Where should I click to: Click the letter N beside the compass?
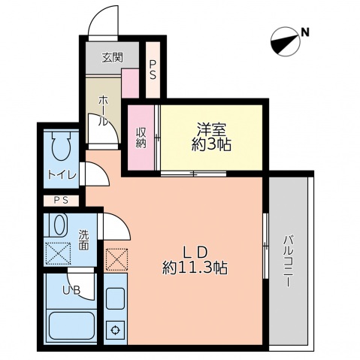pos(305,32)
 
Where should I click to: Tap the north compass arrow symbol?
pos(283,41)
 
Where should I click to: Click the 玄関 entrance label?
pos(112,56)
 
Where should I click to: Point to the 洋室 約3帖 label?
pos(211,138)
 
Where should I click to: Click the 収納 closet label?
pos(141,139)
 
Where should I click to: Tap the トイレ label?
pos(61,175)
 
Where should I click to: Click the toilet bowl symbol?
pos(61,147)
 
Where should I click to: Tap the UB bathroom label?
pos(71,291)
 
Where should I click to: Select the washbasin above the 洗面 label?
pos(59,225)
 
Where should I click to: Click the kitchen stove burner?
pos(116,328)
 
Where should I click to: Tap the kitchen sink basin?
pos(116,298)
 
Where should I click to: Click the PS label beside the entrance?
pos(153,69)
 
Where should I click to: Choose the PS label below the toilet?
pos(60,201)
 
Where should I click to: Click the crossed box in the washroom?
pos(59,252)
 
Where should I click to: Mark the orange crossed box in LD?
pos(116,260)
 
